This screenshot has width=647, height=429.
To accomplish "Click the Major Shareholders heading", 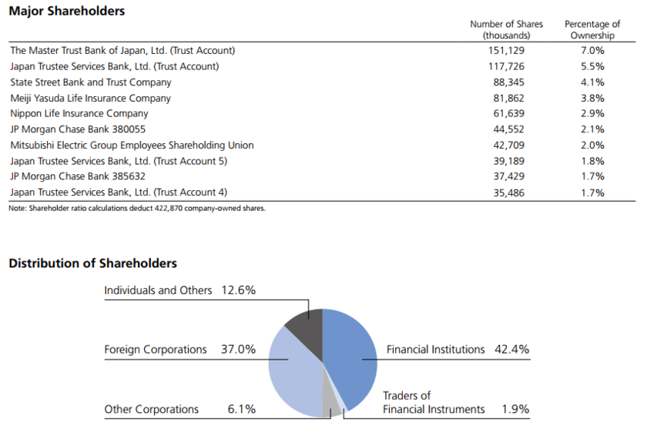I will (x=66, y=12).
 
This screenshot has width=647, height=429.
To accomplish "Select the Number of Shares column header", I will (x=506, y=30).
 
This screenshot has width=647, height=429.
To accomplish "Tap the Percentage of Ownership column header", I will (x=592, y=30).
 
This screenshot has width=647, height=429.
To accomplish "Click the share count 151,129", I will (x=506, y=51).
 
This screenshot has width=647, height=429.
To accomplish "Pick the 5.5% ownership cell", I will (x=592, y=67).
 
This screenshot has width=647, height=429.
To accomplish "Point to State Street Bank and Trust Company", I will (x=91, y=82).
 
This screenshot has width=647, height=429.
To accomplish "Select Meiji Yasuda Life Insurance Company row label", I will (x=91, y=99).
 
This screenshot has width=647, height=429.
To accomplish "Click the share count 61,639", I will (x=508, y=114).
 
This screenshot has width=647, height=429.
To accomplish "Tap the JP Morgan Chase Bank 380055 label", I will (x=78, y=129).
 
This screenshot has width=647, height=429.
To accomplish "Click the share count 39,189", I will (x=508, y=161).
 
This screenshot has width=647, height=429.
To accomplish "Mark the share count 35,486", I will (x=508, y=193).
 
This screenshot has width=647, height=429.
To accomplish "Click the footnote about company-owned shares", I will (x=137, y=208).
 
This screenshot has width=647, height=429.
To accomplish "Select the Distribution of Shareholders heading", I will (x=92, y=263).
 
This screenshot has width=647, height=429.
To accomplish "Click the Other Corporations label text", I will (x=152, y=409).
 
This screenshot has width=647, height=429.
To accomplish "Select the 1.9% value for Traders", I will (x=515, y=409).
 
